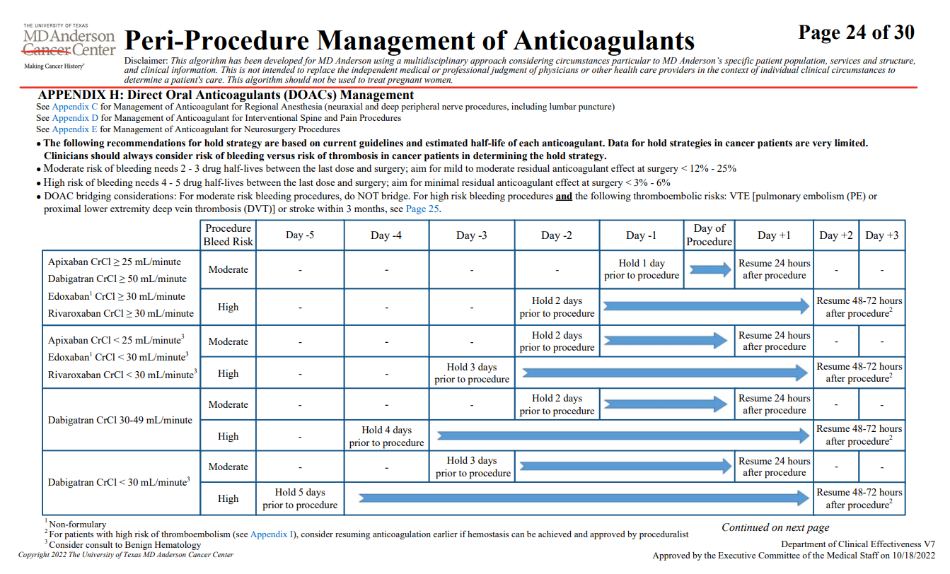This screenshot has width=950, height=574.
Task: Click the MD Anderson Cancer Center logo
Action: (x=69, y=46)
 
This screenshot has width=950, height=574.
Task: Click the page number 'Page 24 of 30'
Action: (x=856, y=33)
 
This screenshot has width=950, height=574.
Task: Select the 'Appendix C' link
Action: (x=75, y=107)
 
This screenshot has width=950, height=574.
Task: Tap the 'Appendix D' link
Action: (x=75, y=118)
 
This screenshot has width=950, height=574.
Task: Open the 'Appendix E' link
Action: (x=75, y=129)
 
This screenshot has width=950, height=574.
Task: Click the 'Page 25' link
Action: (x=422, y=209)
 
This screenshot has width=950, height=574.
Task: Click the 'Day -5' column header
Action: (x=300, y=235)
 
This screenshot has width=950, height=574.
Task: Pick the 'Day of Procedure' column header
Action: (x=709, y=235)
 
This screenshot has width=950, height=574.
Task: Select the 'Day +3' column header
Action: (x=881, y=235)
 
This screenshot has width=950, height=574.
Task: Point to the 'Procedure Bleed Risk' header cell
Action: (x=228, y=235)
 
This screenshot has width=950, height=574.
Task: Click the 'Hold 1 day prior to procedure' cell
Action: (x=642, y=269)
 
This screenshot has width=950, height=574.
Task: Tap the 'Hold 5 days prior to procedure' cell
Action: (x=300, y=498)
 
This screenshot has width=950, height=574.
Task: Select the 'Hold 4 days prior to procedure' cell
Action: (x=386, y=436)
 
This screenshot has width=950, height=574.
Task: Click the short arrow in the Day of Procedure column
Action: (x=710, y=269)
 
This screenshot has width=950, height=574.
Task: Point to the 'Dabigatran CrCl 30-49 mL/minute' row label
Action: (x=120, y=420)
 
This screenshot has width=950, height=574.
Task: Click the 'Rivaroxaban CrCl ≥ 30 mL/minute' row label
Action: (x=121, y=314)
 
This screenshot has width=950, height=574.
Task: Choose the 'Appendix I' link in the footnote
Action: (x=272, y=534)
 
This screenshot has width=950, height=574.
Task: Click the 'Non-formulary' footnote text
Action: (x=78, y=525)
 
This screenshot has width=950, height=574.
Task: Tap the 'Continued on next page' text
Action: (x=775, y=527)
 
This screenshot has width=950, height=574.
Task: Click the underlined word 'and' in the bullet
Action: (x=564, y=197)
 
